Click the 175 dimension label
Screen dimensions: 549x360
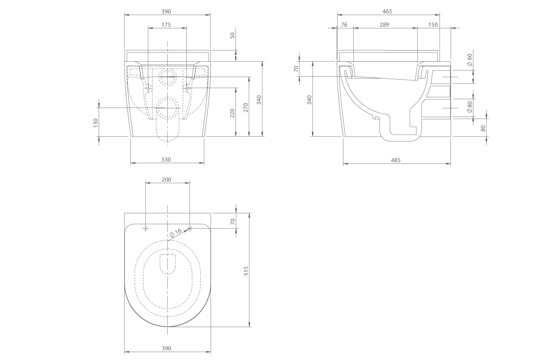tap(166, 25)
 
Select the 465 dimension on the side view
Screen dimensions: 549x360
tap(387, 11)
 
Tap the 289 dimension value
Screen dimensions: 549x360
tap(384, 25)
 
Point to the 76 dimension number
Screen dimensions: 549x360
tap(344, 25)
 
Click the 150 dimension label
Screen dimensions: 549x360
tap(433, 25)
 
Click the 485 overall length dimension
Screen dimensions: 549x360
tap(396, 160)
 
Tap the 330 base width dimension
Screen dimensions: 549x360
tap(166, 160)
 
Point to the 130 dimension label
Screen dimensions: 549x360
tap(96, 123)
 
